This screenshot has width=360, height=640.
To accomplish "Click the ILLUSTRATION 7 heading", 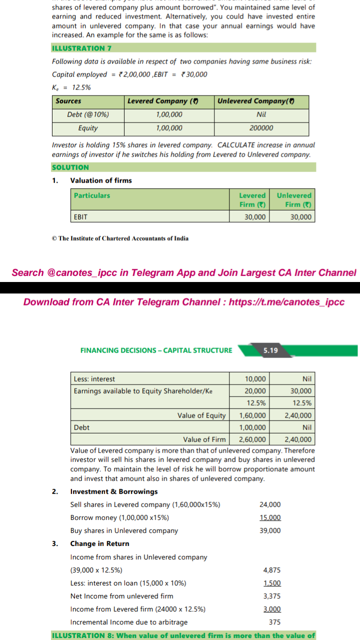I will [81, 48].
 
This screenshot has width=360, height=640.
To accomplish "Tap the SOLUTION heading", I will [70, 167].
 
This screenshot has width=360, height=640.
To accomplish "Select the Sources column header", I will [68, 101].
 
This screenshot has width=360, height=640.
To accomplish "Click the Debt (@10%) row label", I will [88, 114].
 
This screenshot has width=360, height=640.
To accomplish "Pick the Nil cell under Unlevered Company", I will [260, 114].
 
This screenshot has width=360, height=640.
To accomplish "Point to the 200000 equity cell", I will [261, 128].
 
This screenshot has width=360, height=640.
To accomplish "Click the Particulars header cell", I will [92, 195].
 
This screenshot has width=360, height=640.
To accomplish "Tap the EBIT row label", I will [80, 217].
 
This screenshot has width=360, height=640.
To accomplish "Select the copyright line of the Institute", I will [120, 238].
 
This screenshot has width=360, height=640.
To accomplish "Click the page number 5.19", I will [270, 350].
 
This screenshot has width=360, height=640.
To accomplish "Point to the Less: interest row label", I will [94, 379].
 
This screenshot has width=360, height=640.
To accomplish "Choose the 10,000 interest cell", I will [255, 379].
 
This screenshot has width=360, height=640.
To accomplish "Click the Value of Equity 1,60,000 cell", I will [253, 415].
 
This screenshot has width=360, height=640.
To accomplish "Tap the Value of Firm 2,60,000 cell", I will [253, 440].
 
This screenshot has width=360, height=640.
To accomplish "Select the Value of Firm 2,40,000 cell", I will [297, 440].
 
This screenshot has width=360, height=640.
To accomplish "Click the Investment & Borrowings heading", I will [114, 491].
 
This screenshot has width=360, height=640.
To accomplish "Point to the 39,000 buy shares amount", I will [270, 530].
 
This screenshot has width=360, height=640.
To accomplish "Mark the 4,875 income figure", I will [271, 570].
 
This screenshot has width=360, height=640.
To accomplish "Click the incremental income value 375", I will [274, 622].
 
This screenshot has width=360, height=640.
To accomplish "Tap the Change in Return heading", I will [99, 543].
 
